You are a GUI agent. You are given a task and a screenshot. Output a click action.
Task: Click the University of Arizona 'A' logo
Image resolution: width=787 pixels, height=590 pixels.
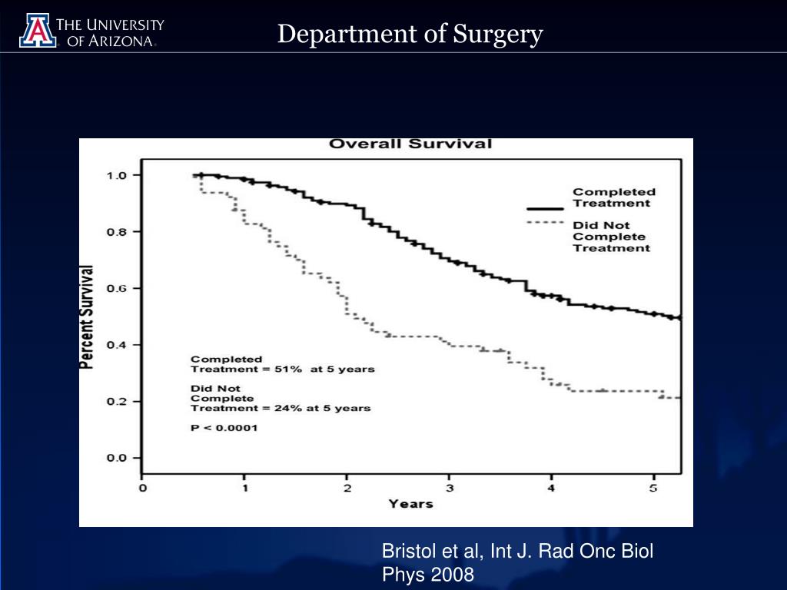(x=37, y=30)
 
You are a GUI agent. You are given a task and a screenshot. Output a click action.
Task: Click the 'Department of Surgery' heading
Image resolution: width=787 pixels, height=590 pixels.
(x=410, y=34)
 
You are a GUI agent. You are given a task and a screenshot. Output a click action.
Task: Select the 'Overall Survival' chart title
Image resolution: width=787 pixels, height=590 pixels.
(x=410, y=144)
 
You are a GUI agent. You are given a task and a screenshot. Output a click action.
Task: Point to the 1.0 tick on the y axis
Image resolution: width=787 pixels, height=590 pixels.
(x=116, y=175)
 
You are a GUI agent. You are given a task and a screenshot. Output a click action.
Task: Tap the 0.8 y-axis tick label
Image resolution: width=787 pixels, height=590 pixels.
(x=116, y=231)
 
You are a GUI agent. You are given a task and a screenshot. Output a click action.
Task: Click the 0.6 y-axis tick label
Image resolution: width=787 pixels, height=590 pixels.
(x=116, y=288)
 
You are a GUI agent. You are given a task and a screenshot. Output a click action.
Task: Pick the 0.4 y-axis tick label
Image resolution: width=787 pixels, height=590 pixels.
(x=116, y=345)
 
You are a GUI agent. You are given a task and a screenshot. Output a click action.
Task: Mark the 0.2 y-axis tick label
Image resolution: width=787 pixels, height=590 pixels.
(x=116, y=402)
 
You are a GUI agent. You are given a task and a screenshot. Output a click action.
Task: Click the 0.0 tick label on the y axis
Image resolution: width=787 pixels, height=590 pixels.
(x=116, y=459)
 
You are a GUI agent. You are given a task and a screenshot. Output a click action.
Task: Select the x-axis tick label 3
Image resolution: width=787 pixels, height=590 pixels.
(x=450, y=488)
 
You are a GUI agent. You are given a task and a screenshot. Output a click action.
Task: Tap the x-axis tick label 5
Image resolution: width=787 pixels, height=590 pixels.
(x=654, y=488)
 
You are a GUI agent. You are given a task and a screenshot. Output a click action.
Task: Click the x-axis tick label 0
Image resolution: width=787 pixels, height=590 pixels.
(x=142, y=488)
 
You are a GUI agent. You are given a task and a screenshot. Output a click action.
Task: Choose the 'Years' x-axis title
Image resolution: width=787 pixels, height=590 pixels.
(x=410, y=504)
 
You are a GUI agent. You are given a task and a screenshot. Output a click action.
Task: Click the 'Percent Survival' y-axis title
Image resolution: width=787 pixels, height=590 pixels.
(x=88, y=317)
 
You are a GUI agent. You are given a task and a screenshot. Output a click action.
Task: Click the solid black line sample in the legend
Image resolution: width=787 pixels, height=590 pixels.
(x=546, y=208)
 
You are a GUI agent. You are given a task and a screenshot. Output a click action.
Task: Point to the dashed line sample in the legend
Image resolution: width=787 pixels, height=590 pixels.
(x=546, y=223)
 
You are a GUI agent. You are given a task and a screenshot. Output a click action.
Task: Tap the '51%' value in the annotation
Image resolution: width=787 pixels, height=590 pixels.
(x=291, y=370)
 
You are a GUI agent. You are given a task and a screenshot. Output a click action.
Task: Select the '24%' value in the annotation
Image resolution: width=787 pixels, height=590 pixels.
(x=286, y=409)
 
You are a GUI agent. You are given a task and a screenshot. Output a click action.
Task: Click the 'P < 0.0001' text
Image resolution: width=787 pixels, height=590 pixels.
(x=224, y=428)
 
